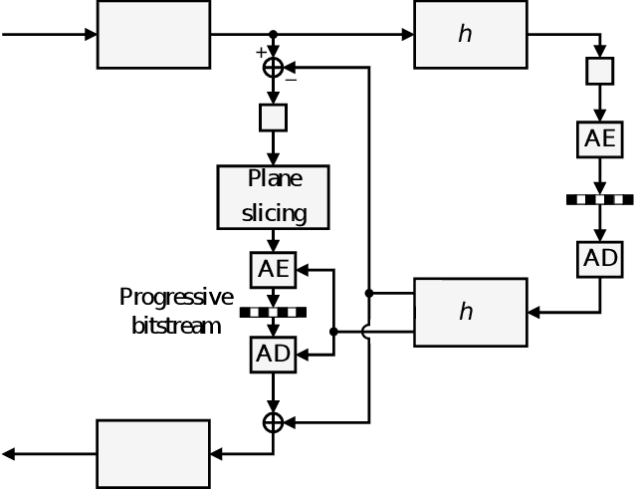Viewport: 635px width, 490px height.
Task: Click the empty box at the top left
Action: [153, 34]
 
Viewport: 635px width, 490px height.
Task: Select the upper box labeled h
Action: [470, 34]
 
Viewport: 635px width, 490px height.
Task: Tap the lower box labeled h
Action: [470, 312]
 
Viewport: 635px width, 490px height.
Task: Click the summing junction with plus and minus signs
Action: [273, 67]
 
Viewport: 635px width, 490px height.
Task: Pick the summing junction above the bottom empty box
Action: [273, 422]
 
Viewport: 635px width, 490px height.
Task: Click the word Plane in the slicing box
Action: [274, 180]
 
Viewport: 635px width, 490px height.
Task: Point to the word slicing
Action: [274, 212]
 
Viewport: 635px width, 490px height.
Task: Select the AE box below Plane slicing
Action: [273, 268]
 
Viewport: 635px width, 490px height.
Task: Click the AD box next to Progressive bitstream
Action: [273, 354]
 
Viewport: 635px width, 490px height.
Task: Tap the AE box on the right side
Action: [600, 138]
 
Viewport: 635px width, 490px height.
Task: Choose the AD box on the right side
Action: [600, 258]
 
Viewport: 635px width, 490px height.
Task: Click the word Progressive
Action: [176, 297]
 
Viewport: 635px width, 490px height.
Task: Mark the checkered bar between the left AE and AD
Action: [273, 312]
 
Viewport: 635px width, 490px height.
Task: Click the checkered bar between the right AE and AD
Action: [600, 199]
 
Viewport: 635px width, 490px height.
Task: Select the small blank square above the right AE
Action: [600, 71]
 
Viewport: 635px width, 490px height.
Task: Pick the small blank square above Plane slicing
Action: [273, 118]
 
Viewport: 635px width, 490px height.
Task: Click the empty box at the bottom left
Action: [153, 453]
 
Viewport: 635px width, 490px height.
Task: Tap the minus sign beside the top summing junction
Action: [291, 80]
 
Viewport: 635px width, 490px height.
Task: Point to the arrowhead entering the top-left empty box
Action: [91, 34]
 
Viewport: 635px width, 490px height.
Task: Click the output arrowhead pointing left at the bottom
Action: [8, 454]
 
